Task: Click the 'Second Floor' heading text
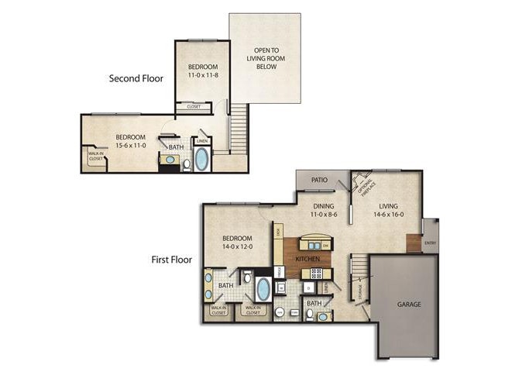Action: (x=136, y=78)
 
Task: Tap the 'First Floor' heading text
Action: (x=171, y=260)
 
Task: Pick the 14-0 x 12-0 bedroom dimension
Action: (x=237, y=247)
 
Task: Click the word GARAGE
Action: (x=410, y=305)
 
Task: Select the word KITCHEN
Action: (x=308, y=258)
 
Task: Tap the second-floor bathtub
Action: (x=201, y=160)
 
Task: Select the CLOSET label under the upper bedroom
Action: (x=194, y=107)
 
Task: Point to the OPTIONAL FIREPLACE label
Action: (x=365, y=186)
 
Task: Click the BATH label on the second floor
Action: (x=177, y=147)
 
